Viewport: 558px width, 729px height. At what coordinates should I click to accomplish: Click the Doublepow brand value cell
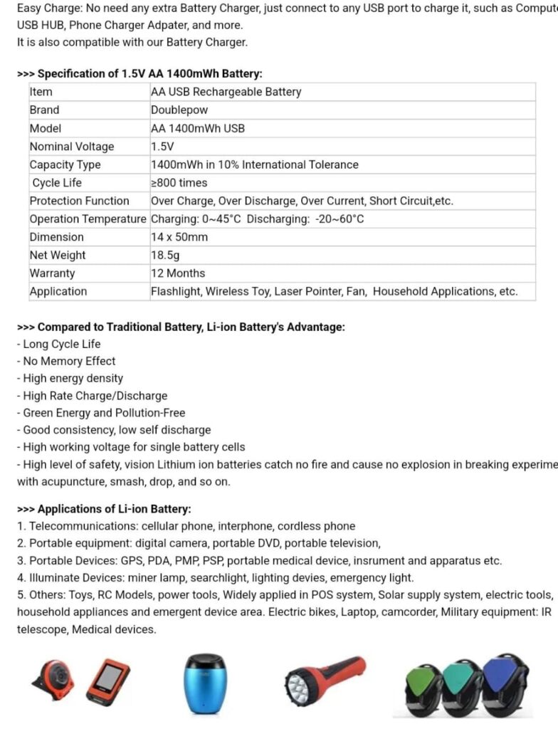[176, 110]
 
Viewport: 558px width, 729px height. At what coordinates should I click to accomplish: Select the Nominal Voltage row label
[71, 147]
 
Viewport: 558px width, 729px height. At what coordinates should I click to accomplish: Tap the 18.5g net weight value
[165, 255]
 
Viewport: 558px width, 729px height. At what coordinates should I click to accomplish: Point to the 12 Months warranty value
[177, 273]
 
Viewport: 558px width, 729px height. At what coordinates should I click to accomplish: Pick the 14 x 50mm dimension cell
[179, 237]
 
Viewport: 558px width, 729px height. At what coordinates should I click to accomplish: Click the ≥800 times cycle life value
[179, 183]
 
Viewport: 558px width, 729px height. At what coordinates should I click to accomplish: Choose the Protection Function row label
[79, 201]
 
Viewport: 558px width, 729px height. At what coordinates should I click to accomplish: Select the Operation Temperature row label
[88, 219]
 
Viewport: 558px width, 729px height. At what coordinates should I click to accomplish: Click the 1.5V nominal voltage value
[162, 147]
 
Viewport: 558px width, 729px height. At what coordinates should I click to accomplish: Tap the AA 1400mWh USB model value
[197, 128]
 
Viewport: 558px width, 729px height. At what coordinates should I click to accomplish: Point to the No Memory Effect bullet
[68, 361]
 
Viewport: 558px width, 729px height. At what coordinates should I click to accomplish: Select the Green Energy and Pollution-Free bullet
[104, 413]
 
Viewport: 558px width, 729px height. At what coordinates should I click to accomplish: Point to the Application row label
[58, 291]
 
